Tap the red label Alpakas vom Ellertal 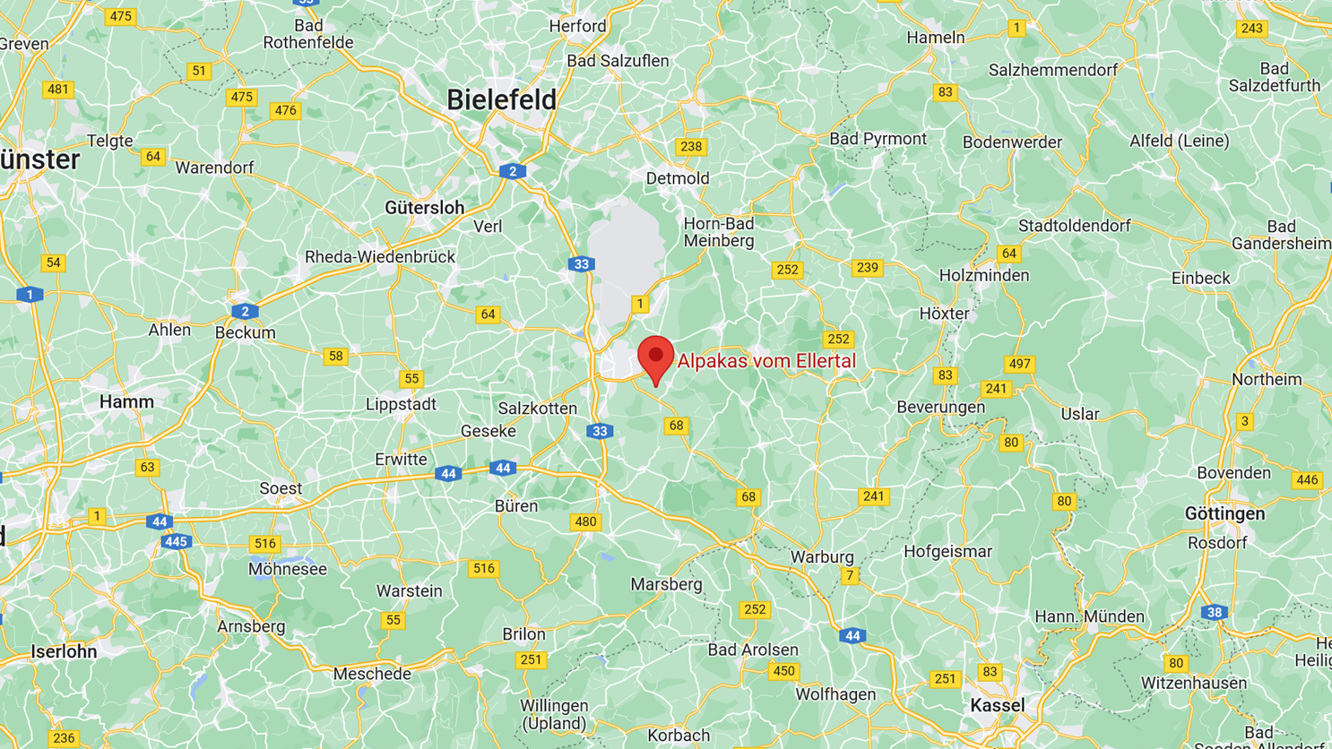(766, 361)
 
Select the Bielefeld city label (501, 100)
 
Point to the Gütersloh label (424, 208)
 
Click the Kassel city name (997, 706)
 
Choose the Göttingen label (1224, 514)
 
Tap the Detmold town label (678, 178)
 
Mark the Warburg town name (822, 556)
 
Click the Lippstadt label (401, 404)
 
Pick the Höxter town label (944, 314)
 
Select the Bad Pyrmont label (878, 139)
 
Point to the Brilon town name (523, 634)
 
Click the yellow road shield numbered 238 (691, 147)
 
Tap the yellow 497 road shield (1019, 364)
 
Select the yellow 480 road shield (585, 521)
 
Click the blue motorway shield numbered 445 (176, 541)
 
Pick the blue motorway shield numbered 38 (1214, 613)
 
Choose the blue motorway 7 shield (850, 576)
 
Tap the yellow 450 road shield (783, 671)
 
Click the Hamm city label (126, 402)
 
